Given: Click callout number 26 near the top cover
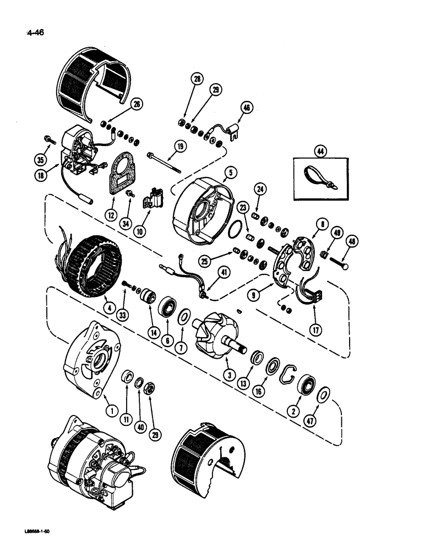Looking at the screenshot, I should (x=136, y=102).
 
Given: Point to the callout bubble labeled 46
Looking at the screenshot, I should (x=246, y=109).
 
